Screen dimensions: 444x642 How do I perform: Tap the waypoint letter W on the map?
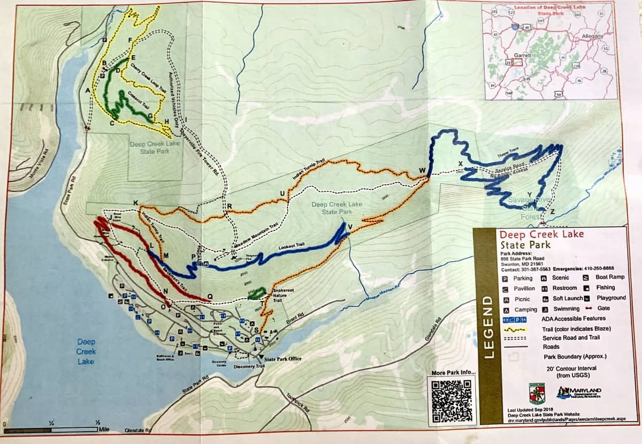423,171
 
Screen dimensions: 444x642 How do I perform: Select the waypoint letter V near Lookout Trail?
350,227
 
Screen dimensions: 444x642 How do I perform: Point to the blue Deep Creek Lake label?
86,351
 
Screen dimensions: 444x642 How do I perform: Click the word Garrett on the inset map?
522,55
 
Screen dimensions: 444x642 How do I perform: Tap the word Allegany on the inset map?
592,36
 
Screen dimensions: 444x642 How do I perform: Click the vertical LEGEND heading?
488,327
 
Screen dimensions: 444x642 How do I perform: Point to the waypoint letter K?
136,202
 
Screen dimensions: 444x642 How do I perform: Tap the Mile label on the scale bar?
105,429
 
